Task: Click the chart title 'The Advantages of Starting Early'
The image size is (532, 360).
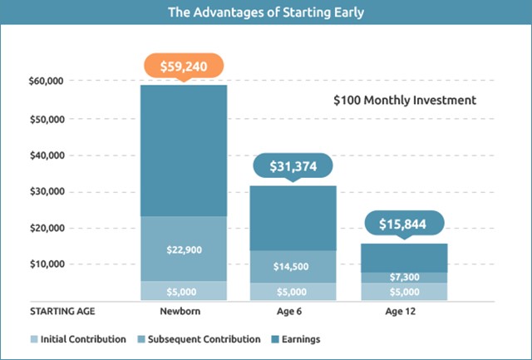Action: coord(266,12)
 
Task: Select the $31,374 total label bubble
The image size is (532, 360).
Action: coord(292,167)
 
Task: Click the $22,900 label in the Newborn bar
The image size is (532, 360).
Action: coord(183,249)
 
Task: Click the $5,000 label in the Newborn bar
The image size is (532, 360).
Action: coord(183,292)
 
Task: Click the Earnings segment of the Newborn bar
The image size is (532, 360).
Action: coord(183,150)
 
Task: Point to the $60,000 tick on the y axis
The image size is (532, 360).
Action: coord(48,81)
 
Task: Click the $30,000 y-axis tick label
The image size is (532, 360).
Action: coord(48,191)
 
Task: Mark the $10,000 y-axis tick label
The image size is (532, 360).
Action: coord(48,264)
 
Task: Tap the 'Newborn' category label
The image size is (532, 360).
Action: coord(183,313)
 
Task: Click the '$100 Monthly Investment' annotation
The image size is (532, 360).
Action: coord(404,100)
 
